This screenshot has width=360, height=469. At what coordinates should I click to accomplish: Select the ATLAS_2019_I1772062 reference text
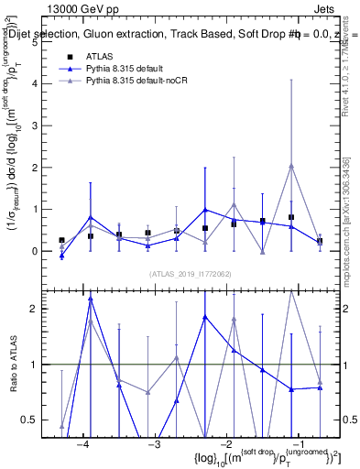(191, 274)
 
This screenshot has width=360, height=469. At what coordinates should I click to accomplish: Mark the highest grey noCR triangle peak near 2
(291, 166)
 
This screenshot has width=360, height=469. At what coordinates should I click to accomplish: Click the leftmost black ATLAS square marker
(61, 240)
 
